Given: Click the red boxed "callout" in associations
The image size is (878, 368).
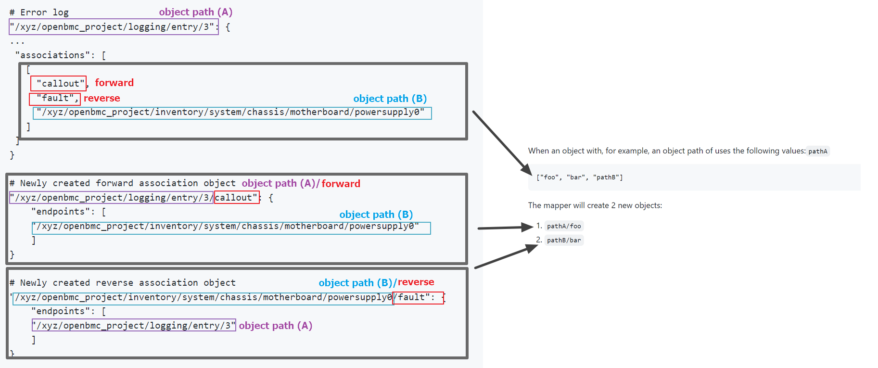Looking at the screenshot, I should coord(58,84).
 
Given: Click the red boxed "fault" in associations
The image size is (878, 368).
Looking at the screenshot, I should coord(54,99).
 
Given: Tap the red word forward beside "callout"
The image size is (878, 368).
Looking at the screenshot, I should coord(114,83).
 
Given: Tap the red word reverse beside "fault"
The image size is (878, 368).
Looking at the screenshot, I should coord(102,98).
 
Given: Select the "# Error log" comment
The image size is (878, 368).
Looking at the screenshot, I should coord(39,13).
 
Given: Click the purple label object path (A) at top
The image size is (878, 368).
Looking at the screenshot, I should coord(195,12).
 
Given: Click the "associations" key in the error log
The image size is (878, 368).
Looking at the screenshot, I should coord(52,55).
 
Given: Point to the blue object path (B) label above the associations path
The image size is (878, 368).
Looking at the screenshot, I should coord(390,99).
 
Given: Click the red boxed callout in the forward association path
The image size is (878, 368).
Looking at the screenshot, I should coord(236,198).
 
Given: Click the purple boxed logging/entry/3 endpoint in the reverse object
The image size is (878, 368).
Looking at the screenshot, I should coord(134,326).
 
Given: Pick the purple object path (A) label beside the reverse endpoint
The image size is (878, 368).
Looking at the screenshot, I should coord(275,326).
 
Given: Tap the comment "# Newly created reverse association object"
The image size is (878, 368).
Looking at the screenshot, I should coord(123,283).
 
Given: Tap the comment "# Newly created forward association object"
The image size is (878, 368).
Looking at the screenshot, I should coord(123,183).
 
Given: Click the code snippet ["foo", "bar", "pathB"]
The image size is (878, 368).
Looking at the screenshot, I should coord(579,178).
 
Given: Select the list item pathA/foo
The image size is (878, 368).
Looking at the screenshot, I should coord(563,226).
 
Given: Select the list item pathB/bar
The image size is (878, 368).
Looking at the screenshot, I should coord(563,240).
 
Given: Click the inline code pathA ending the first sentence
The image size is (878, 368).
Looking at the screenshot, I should coord(817,152).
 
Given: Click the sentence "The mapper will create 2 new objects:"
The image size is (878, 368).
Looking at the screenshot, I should coord(595,205).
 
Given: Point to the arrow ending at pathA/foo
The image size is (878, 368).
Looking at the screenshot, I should coord(505,228).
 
